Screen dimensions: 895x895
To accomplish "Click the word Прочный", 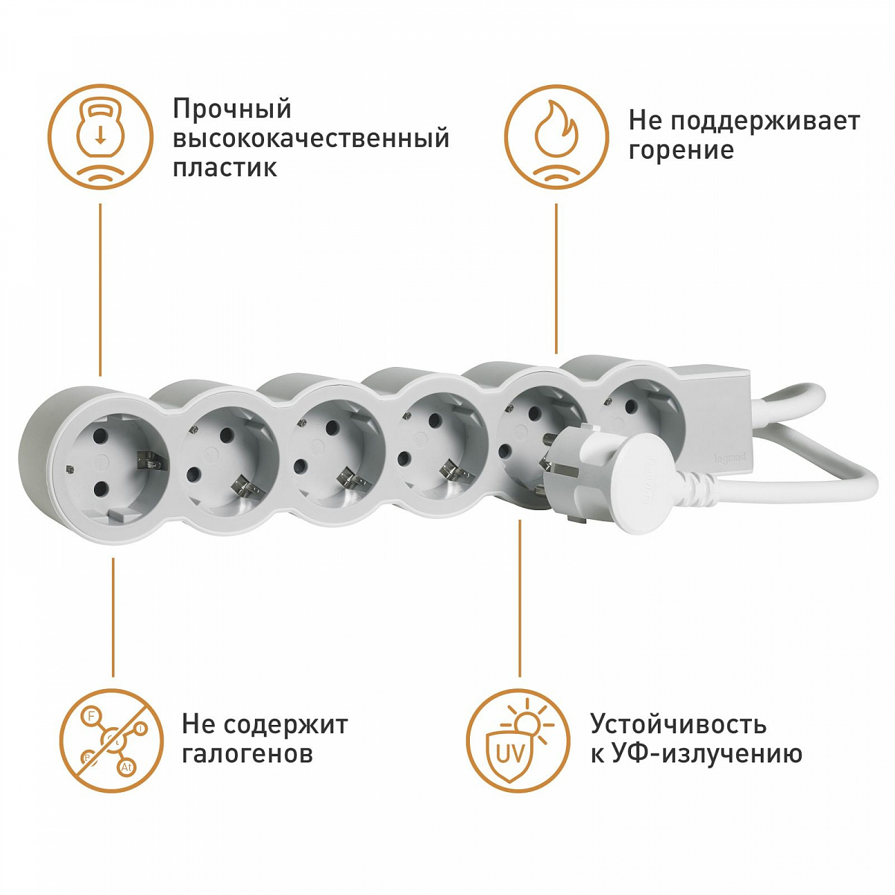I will point(232,110).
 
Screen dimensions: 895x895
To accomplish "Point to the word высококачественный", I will point(311,139).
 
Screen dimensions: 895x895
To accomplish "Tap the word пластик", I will point(224,167).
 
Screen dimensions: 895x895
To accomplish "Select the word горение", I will point(681,151).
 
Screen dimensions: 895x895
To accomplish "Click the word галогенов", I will point(247,754).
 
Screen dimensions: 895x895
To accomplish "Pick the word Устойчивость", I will point(678,724).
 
